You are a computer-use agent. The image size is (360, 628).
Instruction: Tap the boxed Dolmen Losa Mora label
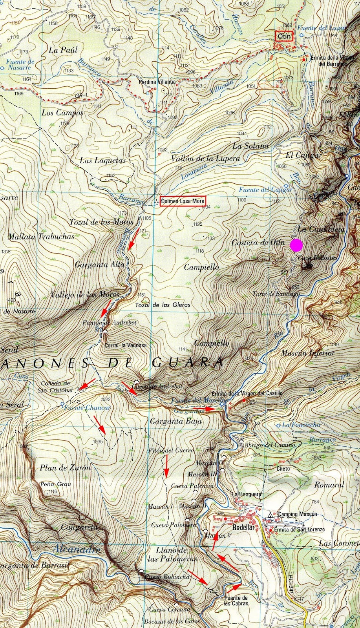(x=182, y=201)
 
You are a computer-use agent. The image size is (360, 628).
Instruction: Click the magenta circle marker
(x=296, y=245)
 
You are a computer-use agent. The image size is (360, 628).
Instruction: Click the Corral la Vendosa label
(x=126, y=345)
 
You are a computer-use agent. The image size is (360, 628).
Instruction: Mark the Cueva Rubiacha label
(x=162, y=577)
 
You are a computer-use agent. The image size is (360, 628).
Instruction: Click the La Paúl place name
(x=64, y=50)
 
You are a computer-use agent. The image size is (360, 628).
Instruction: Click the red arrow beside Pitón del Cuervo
(x=166, y=467)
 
